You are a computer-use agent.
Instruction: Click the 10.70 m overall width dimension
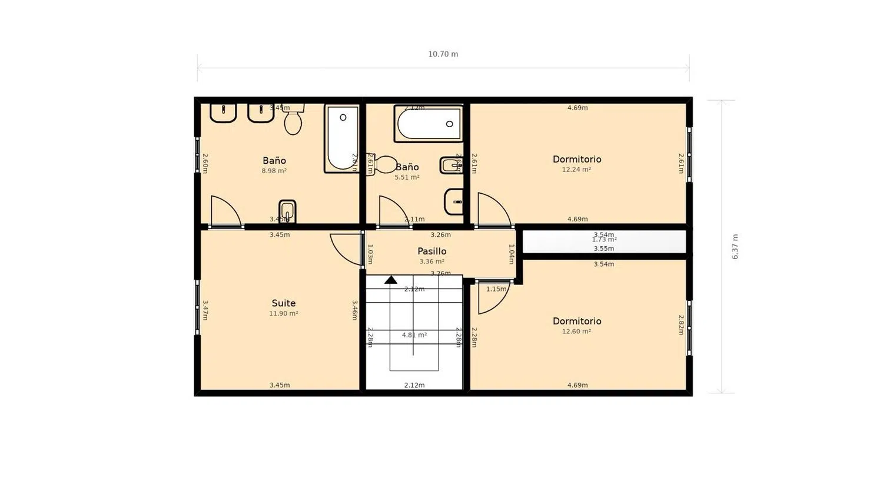coord(443,54)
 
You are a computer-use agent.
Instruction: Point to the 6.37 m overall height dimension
coord(735,247)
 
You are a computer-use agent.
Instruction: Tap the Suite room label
coord(283,303)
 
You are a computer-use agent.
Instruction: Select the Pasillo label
coord(431,251)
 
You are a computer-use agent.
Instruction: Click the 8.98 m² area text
coord(274,171)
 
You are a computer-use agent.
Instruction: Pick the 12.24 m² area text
coord(576,170)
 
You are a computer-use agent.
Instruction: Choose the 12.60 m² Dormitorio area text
coord(576,332)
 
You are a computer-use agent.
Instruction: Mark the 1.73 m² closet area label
coord(604,240)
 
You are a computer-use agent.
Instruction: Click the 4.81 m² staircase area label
coord(414,335)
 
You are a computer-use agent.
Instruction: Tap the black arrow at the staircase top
coord(390,280)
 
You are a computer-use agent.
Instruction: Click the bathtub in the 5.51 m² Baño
coord(428,124)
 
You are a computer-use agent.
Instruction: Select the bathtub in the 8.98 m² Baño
coord(341,139)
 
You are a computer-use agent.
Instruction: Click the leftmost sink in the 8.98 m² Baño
coord(223,112)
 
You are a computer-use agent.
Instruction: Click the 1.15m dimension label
coord(496,289)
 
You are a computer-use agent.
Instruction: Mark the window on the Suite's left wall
coord(198,307)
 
